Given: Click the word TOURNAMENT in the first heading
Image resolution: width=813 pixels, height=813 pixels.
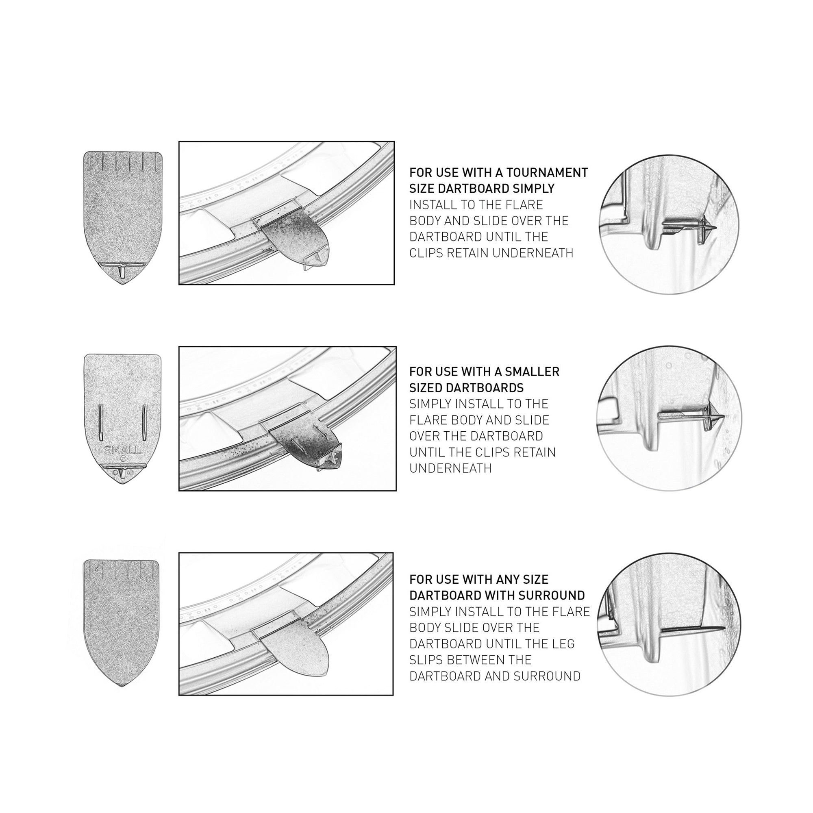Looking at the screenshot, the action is (x=547, y=172).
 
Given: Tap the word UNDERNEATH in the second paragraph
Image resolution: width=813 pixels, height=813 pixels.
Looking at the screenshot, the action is (x=450, y=468).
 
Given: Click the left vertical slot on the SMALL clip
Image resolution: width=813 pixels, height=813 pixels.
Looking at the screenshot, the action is (x=100, y=422).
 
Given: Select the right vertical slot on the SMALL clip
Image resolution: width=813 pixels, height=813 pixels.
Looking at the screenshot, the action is (x=143, y=422).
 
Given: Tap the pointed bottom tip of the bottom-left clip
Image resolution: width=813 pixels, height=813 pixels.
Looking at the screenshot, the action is (x=122, y=686).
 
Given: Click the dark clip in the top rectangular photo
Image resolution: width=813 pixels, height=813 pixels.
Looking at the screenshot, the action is (x=294, y=240).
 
